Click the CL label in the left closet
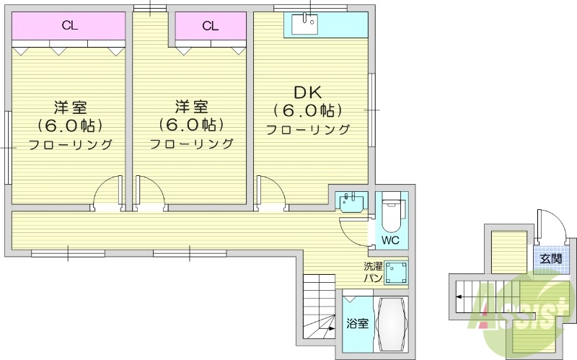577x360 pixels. click(x=70, y=26)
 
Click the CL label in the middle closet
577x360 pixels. click(x=210, y=26)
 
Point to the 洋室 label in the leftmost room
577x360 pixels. click(x=70, y=107)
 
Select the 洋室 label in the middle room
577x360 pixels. click(x=192, y=107)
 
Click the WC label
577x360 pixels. click(x=390, y=240)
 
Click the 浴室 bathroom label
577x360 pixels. click(x=357, y=323)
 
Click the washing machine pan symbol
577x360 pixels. click(x=395, y=272)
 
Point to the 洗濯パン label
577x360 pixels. click(x=372, y=272)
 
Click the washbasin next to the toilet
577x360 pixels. click(x=352, y=199)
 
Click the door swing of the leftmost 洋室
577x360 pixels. click(x=109, y=192)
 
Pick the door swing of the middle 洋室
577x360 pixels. click(x=149, y=192)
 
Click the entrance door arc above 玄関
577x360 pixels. click(x=547, y=224)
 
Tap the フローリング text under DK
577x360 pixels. click(x=307, y=131)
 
